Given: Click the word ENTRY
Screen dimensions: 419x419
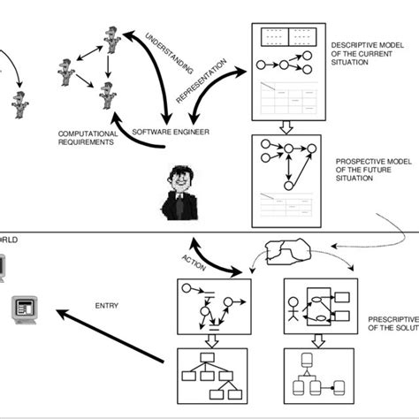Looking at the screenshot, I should [x=106, y=307].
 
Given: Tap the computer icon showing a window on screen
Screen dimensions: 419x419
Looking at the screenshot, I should [x=23, y=309].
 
